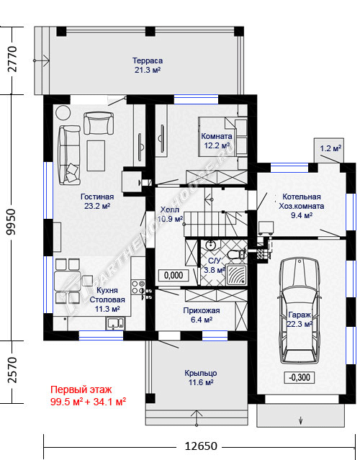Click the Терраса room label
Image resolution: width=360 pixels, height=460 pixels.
[148, 60]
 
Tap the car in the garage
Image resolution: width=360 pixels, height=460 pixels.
[300, 310]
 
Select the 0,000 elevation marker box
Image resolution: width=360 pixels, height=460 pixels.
[174, 275]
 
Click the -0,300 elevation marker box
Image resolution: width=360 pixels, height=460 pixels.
[300, 377]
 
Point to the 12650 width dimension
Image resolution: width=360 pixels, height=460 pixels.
[201, 446]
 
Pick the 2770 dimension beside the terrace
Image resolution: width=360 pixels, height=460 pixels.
[12, 59]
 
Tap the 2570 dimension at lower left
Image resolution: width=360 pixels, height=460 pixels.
[12, 369]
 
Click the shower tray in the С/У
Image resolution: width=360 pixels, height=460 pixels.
[236, 275]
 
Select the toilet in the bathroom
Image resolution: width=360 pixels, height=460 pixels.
[236, 254]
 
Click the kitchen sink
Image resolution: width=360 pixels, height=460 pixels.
[115, 323]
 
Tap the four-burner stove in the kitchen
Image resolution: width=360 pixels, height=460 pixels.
[138, 287]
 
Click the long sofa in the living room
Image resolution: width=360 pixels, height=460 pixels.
[69, 155]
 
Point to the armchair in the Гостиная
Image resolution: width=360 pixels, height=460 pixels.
[99, 124]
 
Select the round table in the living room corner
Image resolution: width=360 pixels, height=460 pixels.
[63, 112]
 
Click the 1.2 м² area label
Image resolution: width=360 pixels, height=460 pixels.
[330, 148]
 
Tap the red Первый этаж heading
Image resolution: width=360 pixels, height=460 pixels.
[81, 390]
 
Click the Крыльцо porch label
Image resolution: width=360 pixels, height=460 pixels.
[201, 373]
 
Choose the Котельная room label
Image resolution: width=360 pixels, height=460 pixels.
[302, 197]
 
